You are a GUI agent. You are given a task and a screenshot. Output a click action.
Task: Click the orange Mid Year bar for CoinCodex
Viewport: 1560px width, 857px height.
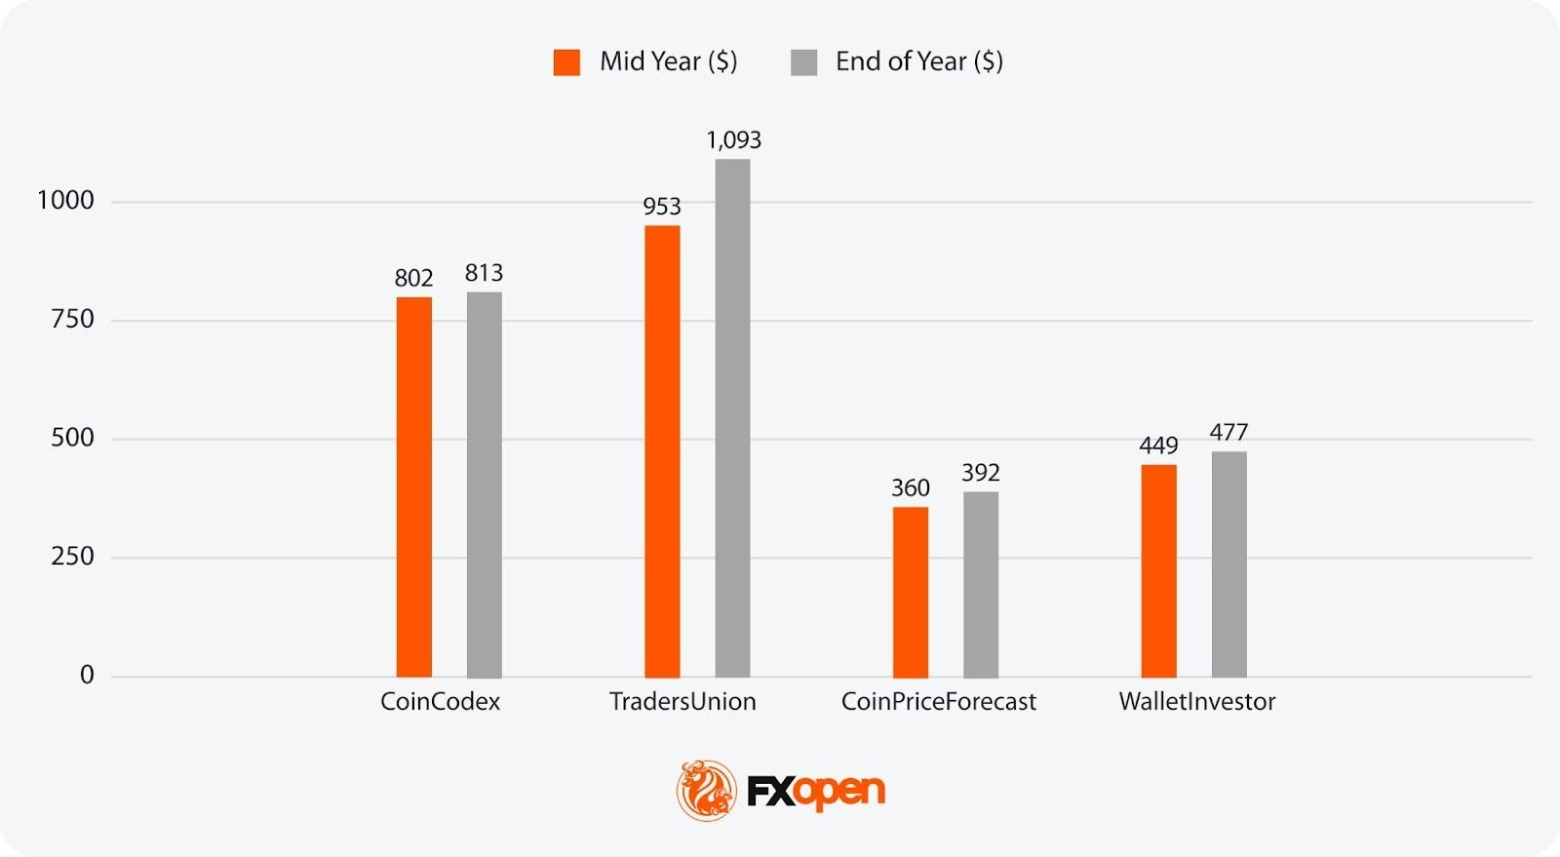point(413,487)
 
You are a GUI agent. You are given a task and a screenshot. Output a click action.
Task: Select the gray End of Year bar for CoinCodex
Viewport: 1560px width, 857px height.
point(484,485)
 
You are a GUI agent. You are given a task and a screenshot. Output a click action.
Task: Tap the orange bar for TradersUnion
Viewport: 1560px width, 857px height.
point(662,451)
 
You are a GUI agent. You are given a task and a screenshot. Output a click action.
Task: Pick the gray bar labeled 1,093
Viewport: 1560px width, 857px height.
point(732,418)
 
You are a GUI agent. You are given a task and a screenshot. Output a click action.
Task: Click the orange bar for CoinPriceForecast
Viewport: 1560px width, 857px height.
point(911,592)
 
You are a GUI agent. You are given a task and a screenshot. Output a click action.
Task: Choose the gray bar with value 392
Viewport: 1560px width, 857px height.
point(981,584)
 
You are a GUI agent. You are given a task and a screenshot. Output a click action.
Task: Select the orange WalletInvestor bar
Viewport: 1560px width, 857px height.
point(1158,570)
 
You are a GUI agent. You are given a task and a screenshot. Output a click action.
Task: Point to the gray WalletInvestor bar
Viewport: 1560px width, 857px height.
point(1228,564)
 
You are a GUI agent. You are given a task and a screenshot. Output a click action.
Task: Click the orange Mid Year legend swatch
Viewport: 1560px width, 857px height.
point(566,62)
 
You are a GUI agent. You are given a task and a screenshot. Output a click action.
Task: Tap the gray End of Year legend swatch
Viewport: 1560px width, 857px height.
point(803,62)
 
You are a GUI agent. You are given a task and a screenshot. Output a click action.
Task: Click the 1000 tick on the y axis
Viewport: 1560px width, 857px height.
point(65,201)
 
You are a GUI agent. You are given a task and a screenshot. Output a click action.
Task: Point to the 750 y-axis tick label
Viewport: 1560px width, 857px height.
point(72,320)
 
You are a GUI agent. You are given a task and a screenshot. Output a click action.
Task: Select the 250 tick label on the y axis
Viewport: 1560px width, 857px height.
point(72,557)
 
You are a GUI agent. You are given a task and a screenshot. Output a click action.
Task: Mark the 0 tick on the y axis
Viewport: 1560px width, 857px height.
point(87,675)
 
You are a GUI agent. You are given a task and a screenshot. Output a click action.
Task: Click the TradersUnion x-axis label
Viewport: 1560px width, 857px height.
point(682,702)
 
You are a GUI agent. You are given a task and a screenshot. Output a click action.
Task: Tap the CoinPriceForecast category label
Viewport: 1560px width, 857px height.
point(938,702)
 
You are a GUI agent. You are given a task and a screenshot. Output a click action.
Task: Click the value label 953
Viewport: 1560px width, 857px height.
point(662,207)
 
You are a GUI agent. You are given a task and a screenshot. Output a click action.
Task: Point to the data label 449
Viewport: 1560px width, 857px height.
point(1158,446)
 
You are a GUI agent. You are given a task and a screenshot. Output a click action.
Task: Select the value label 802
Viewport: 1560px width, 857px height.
point(413,278)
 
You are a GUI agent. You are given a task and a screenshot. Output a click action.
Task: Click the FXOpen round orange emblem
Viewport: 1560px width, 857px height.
point(706,790)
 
